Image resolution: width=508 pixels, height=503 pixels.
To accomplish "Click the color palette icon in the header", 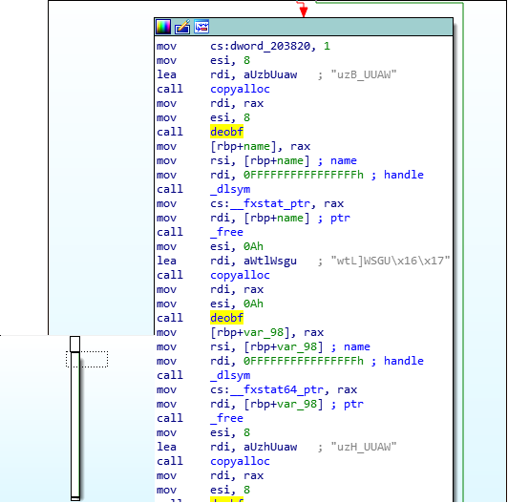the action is [x=163, y=27].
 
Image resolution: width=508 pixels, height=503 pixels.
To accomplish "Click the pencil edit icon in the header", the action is [x=182, y=27].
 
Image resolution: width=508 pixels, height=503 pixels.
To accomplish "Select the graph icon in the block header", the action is [x=201, y=27].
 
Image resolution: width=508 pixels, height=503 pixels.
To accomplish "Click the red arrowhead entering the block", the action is [x=304, y=12].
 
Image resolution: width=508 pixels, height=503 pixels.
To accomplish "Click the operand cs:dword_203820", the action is [x=260, y=46].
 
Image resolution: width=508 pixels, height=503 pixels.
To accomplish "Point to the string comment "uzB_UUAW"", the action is [x=364, y=74].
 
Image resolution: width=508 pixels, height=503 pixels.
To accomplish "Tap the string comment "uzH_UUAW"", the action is [x=364, y=447].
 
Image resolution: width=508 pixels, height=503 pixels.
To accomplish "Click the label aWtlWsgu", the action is [x=270, y=261].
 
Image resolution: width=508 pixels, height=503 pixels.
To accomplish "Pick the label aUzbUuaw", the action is [x=270, y=74].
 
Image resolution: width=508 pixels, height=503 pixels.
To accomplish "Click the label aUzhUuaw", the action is [x=270, y=447].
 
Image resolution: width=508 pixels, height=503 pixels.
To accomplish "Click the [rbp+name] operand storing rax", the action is [x=243, y=146].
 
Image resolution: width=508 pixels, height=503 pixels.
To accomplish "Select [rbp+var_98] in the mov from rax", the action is [x=250, y=333].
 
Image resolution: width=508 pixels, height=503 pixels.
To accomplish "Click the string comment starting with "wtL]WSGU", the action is [x=391, y=261].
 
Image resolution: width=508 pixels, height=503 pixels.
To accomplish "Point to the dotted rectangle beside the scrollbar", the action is [x=87, y=359].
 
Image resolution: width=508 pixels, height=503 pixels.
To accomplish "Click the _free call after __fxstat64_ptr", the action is [x=227, y=418].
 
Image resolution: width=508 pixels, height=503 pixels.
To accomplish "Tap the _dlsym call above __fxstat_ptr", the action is [x=230, y=189].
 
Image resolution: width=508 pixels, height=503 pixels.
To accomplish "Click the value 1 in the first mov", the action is [x=327, y=46].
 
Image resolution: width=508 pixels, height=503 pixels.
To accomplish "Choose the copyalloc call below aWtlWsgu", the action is [x=240, y=275].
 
